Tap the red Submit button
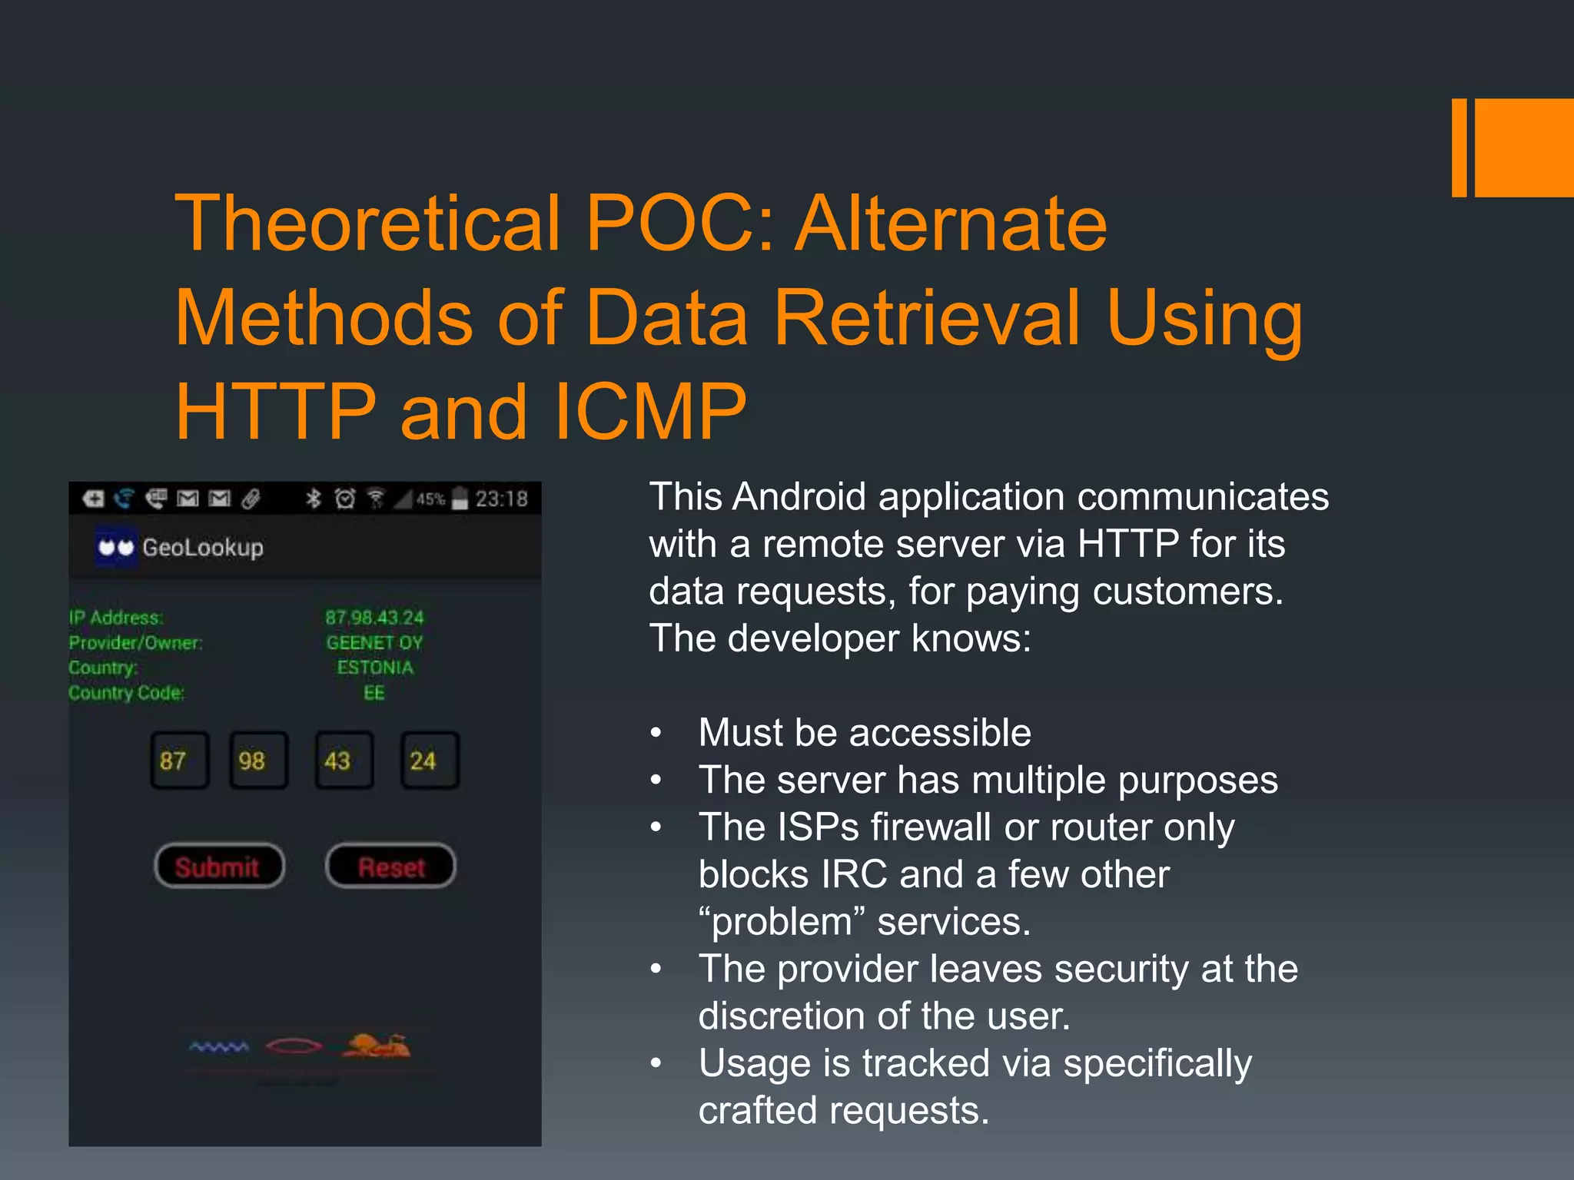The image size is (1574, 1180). [x=219, y=867]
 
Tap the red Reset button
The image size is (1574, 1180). [x=390, y=867]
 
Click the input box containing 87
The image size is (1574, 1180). [x=179, y=761]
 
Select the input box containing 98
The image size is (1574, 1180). [x=258, y=761]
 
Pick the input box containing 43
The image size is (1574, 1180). [x=344, y=761]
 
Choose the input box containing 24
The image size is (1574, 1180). [x=429, y=761]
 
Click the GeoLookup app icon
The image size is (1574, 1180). [x=116, y=547]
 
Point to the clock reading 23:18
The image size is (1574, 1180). [x=501, y=499]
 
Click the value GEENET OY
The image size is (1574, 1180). [x=374, y=642]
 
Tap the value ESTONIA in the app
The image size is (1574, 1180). [x=374, y=668]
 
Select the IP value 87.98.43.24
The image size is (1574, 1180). [x=374, y=618]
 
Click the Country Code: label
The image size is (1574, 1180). [x=127, y=693]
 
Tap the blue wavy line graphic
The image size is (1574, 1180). [x=219, y=1047]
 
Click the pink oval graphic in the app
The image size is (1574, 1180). [x=294, y=1046]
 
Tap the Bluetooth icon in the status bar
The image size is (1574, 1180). [x=313, y=499]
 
